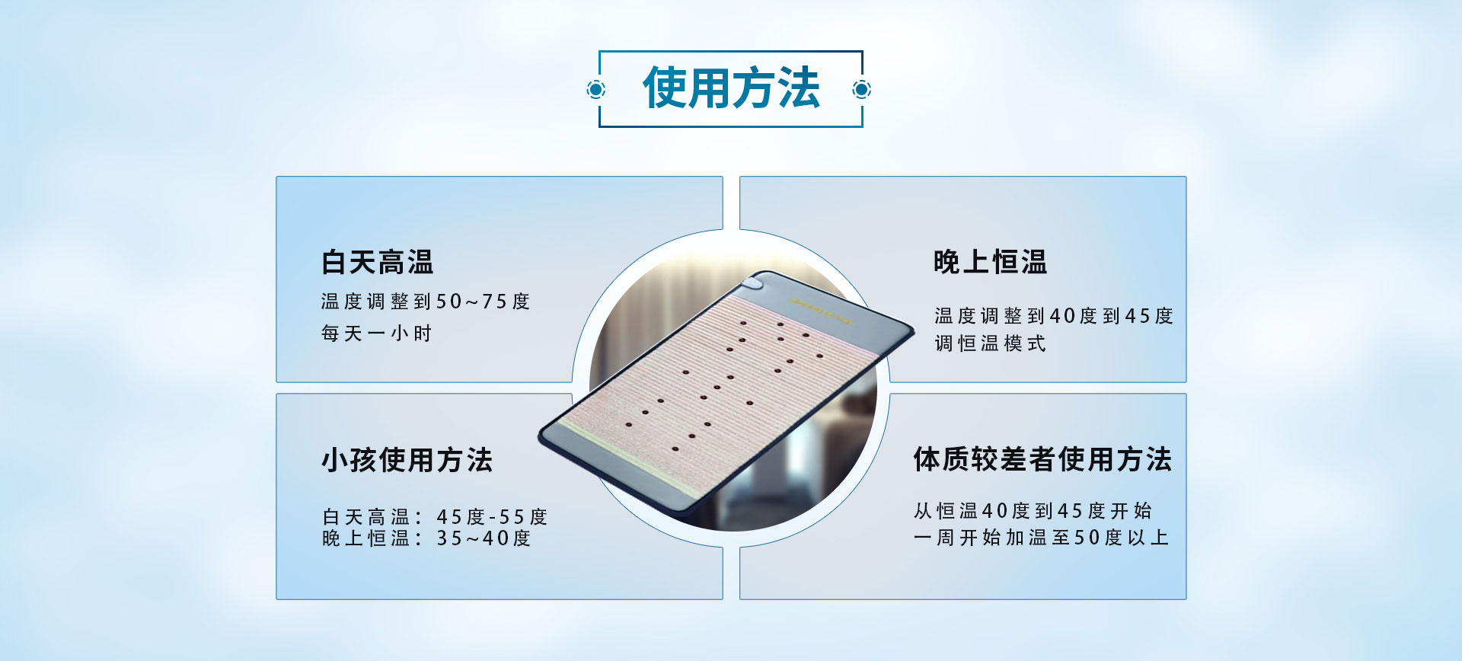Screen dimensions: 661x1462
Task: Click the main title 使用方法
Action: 731,88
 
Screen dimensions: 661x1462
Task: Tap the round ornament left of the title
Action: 596,90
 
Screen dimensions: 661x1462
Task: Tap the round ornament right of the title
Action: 861,90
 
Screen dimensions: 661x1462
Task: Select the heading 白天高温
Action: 377,263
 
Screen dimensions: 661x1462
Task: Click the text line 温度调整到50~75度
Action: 425,302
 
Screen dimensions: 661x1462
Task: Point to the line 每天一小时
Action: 376,334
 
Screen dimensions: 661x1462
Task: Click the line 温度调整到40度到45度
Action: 1054,316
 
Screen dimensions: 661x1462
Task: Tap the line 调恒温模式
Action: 990,343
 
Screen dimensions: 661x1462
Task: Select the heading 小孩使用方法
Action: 407,460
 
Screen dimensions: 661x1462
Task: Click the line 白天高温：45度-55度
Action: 434,517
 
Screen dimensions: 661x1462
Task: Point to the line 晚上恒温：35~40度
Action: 426,538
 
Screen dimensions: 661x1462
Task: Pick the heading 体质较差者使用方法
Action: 1042,459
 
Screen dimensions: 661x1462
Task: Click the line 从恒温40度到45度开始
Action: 1033,510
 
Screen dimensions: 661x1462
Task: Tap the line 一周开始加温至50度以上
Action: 1041,538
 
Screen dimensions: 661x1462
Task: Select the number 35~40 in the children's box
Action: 473,538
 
